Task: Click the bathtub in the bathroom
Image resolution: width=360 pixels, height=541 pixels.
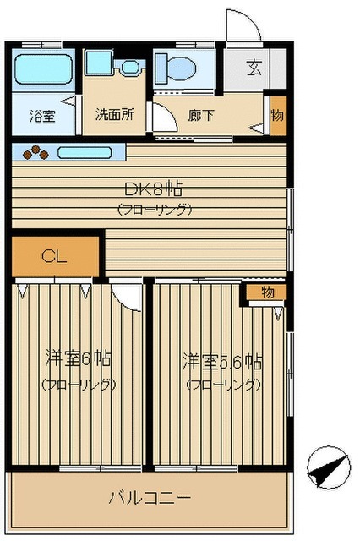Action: (43, 67)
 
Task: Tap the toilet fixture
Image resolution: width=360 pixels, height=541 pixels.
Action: (174, 67)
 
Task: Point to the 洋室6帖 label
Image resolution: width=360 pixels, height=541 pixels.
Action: (78, 358)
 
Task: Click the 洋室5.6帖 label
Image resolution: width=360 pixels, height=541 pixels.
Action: (221, 362)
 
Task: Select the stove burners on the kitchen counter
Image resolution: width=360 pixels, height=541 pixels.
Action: (36, 153)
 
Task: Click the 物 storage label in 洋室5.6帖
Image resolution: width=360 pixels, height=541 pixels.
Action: (266, 292)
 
